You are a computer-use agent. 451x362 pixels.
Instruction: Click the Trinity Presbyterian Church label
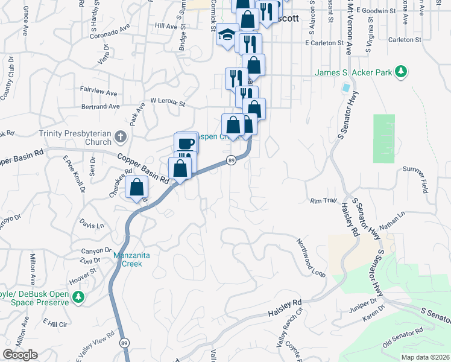(75, 138)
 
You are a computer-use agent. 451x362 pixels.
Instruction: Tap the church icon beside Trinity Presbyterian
(120, 137)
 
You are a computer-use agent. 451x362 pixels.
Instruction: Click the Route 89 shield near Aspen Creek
(231, 160)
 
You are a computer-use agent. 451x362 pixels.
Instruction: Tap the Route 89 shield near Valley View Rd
(124, 343)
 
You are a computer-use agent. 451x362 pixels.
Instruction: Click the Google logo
(20, 355)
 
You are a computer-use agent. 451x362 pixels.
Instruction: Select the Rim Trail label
(323, 200)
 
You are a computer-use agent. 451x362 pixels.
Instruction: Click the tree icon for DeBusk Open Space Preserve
(78, 297)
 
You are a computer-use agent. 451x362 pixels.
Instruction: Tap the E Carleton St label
(324, 43)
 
